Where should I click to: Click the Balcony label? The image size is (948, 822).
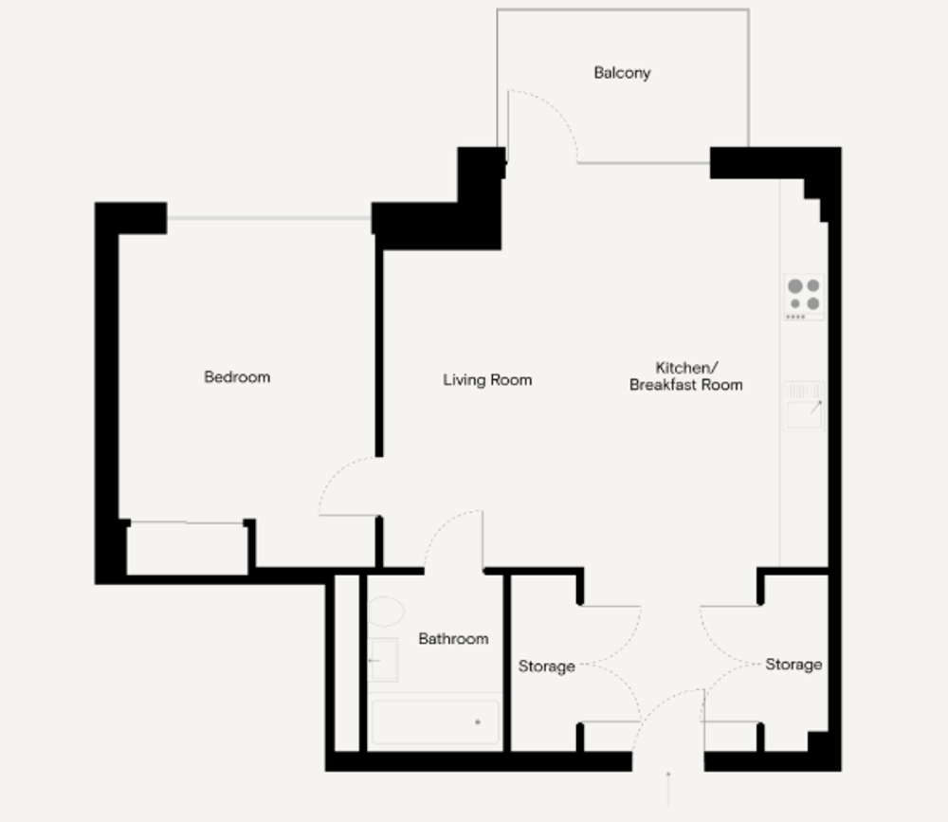tap(622, 73)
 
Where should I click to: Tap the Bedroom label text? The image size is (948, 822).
tap(237, 377)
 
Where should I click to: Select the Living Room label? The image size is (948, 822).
tap(487, 380)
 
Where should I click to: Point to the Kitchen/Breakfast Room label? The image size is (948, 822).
tap(686, 376)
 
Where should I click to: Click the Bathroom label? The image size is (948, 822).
tap(453, 639)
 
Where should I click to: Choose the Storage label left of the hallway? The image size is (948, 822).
tap(547, 667)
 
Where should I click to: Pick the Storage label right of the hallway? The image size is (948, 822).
tap(793, 665)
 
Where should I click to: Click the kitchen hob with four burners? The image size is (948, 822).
tap(804, 297)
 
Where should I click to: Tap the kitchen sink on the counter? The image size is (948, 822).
tap(804, 406)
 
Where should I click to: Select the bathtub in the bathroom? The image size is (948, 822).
tap(435, 722)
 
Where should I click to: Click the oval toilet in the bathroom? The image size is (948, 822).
tap(386, 611)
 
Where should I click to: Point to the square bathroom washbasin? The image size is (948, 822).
tap(383, 660)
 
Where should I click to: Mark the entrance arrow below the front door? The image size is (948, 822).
tap(668, 789)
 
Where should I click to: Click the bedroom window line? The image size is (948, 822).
tap(269, 218)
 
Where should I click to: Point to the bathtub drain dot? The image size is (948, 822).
tap(478, 722)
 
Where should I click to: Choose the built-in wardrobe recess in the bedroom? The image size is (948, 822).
tap(187, 548)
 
